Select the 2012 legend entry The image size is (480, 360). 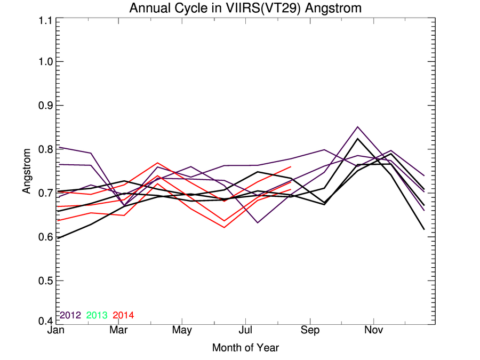tap(70, 315)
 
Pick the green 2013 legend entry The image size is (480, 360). tap(97, 315)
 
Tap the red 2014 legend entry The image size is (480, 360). tap(123, 315)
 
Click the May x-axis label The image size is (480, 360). tap(182, 330)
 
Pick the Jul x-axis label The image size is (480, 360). tap(245, 330)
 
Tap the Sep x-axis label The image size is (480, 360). tap(309, 330)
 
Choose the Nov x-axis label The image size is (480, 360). tap(373, 330)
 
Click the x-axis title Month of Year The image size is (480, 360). tap(245, 348)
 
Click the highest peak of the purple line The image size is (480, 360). tap(357, 127)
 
